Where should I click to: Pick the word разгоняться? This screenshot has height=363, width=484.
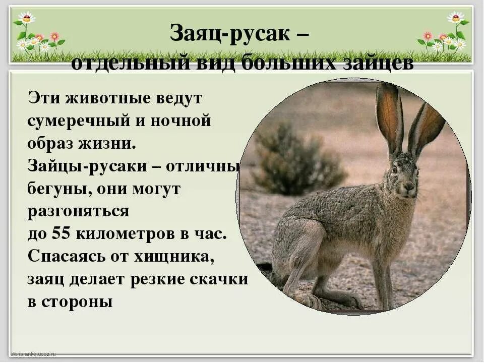(78, 211)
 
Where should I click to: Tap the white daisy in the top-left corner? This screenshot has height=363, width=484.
(27, 18)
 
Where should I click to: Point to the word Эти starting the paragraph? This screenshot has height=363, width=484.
(42, 98)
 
